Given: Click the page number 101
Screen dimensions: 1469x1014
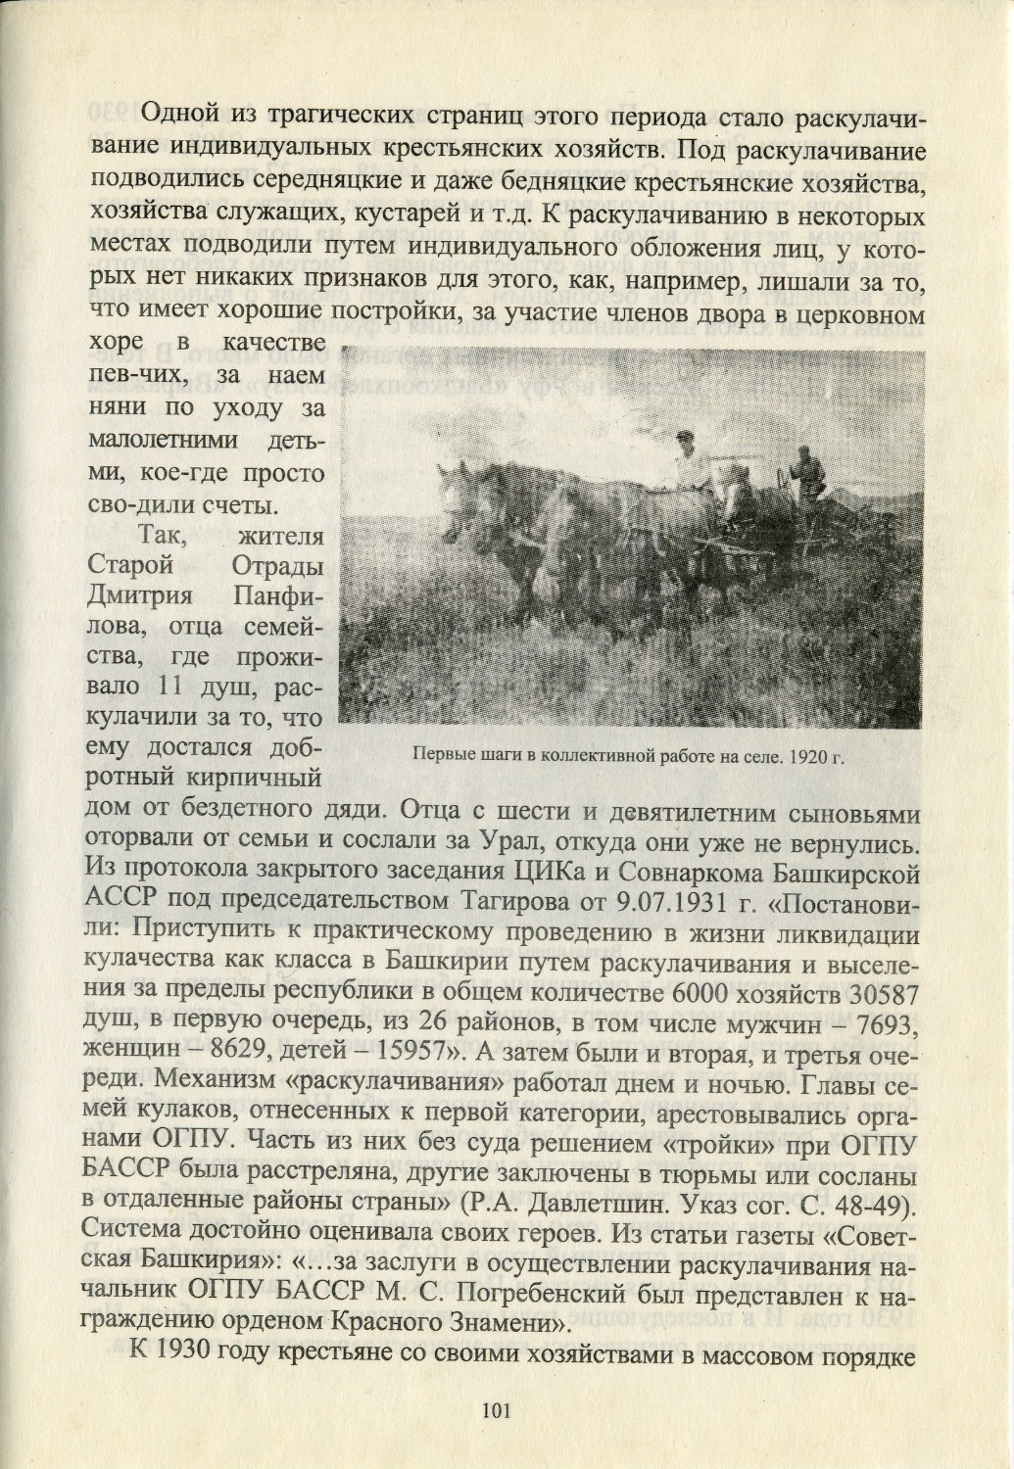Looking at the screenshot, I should pos(493,1410).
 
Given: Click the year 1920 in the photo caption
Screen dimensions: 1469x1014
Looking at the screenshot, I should pos(802,757).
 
